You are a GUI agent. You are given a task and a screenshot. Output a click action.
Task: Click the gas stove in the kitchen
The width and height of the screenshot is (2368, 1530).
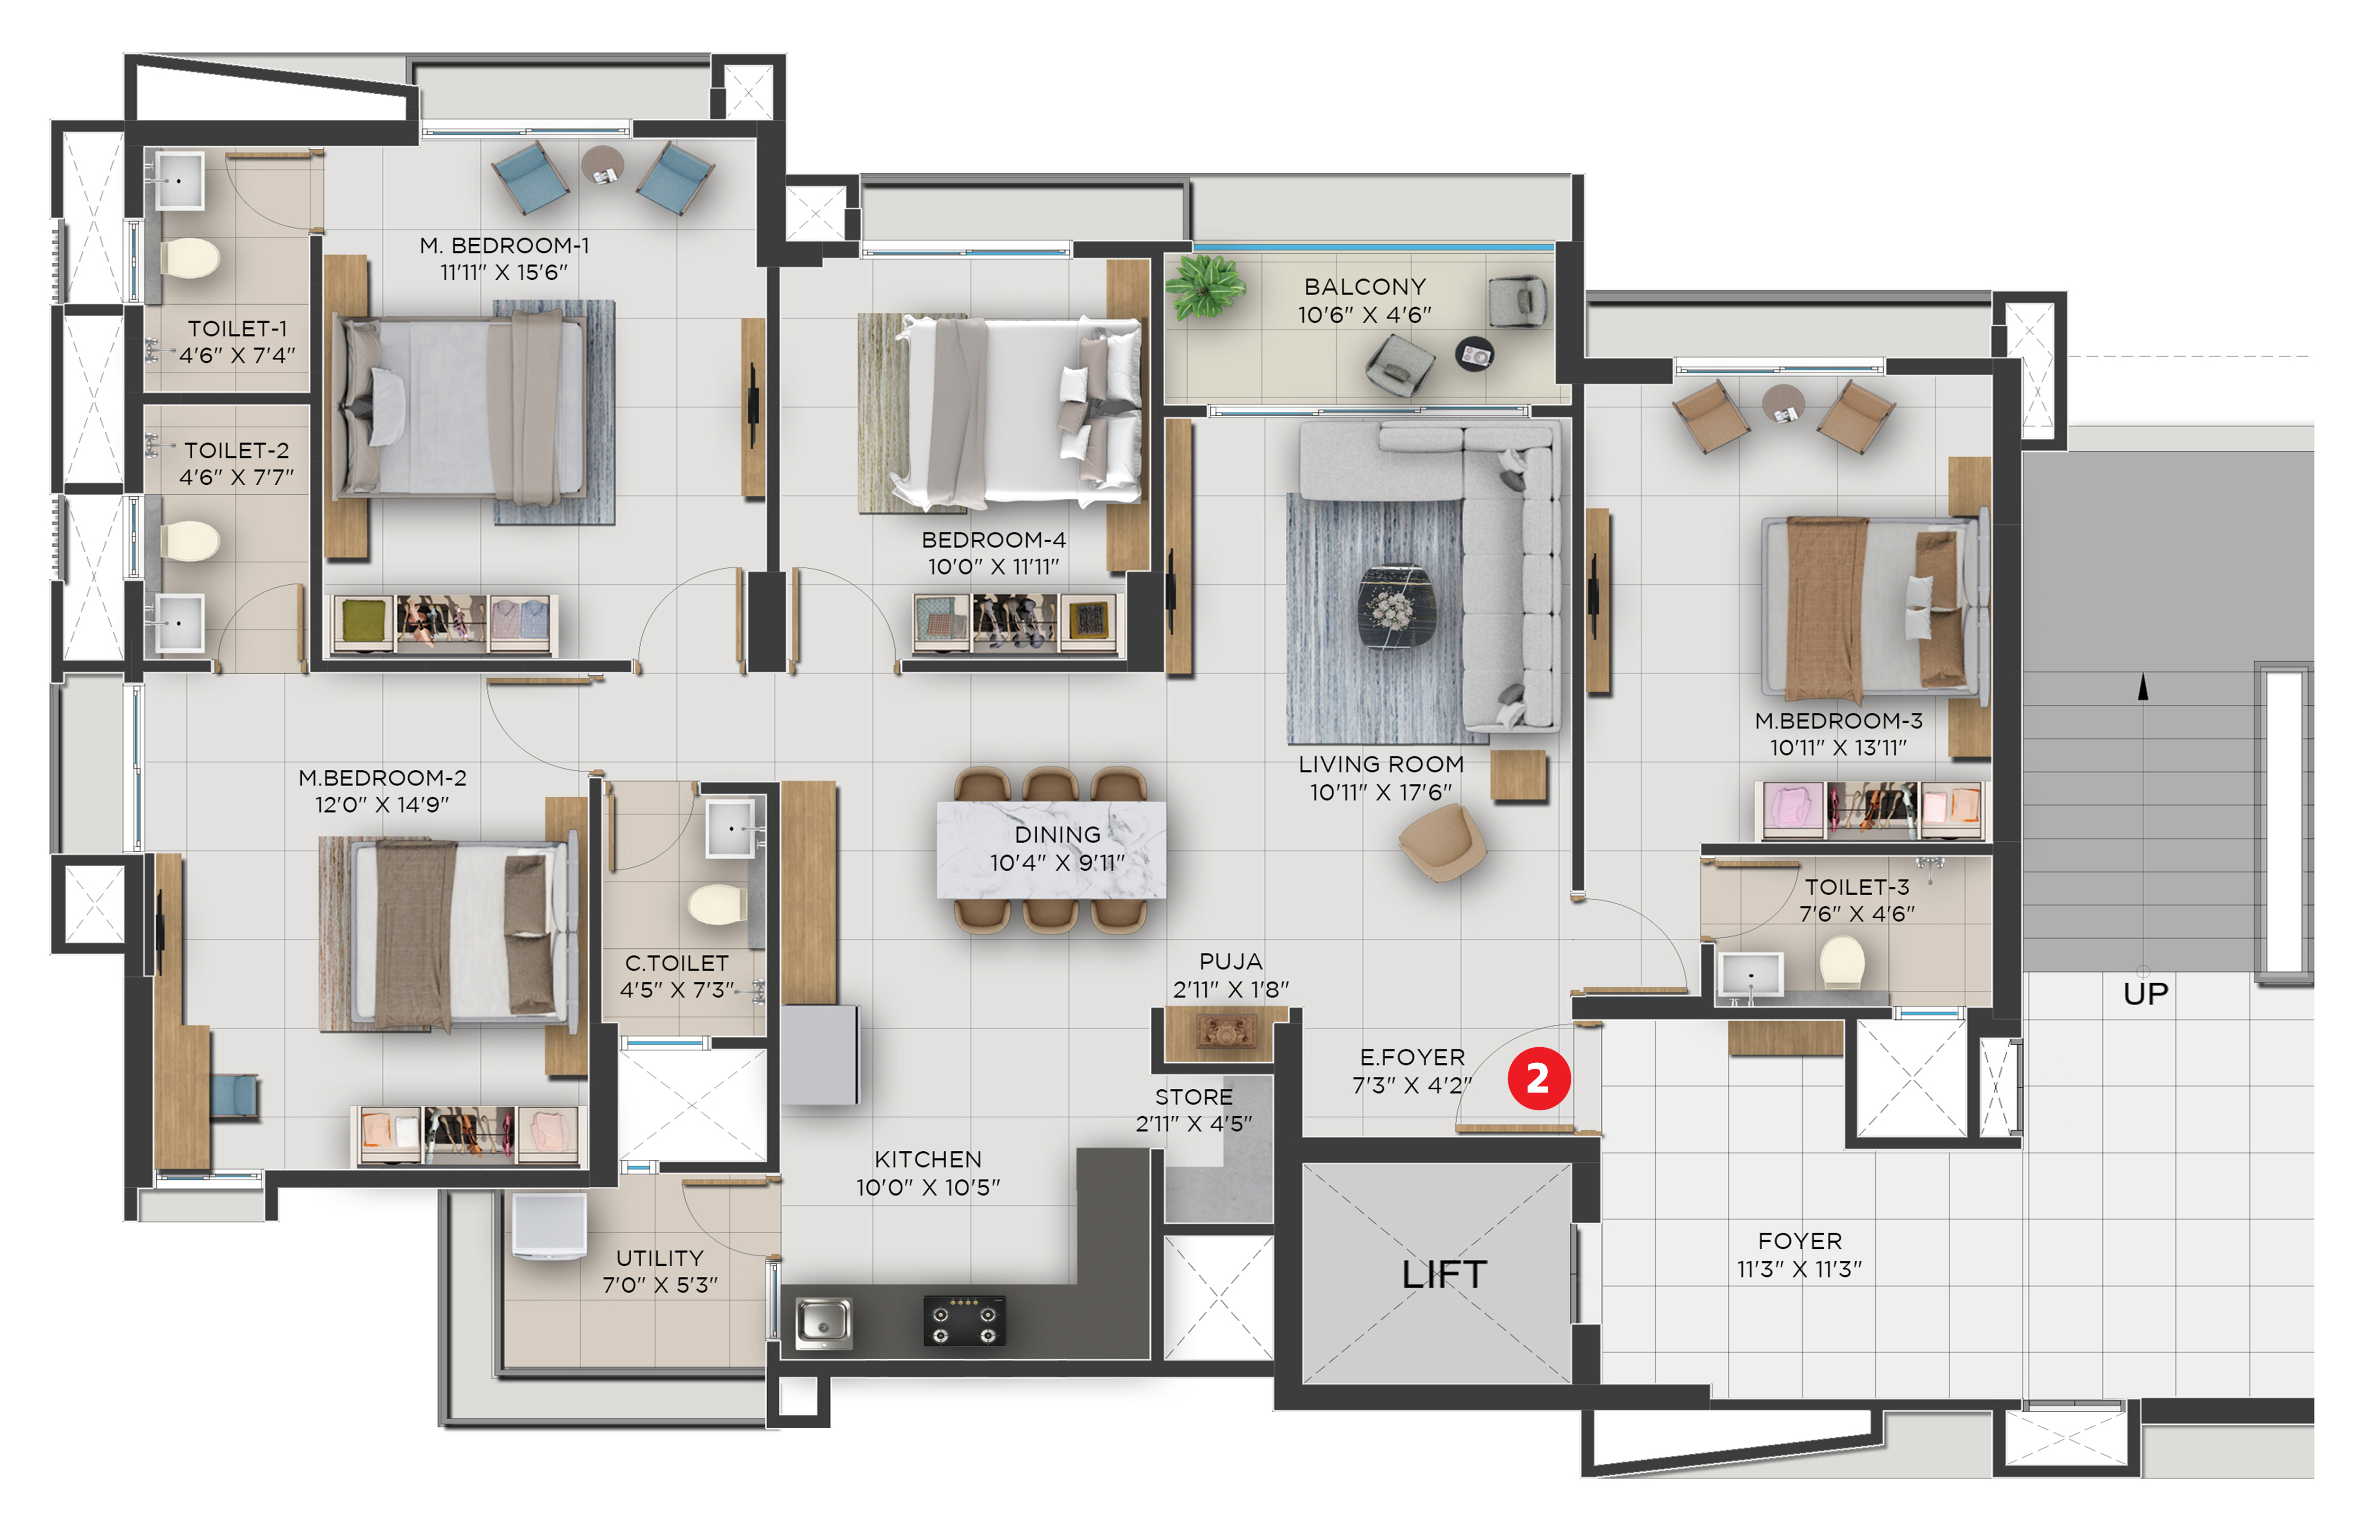click(964, 1320)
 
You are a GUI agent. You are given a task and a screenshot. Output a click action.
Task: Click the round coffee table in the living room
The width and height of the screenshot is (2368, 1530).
click(1396, 607)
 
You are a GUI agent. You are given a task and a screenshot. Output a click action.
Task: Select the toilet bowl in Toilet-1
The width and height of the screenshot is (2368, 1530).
click(191, 258)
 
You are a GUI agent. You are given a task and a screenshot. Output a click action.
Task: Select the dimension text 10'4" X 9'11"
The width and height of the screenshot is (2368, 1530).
click(1057, 863)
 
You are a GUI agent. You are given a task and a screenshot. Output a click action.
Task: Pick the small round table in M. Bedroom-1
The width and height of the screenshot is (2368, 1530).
click(602, 164)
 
